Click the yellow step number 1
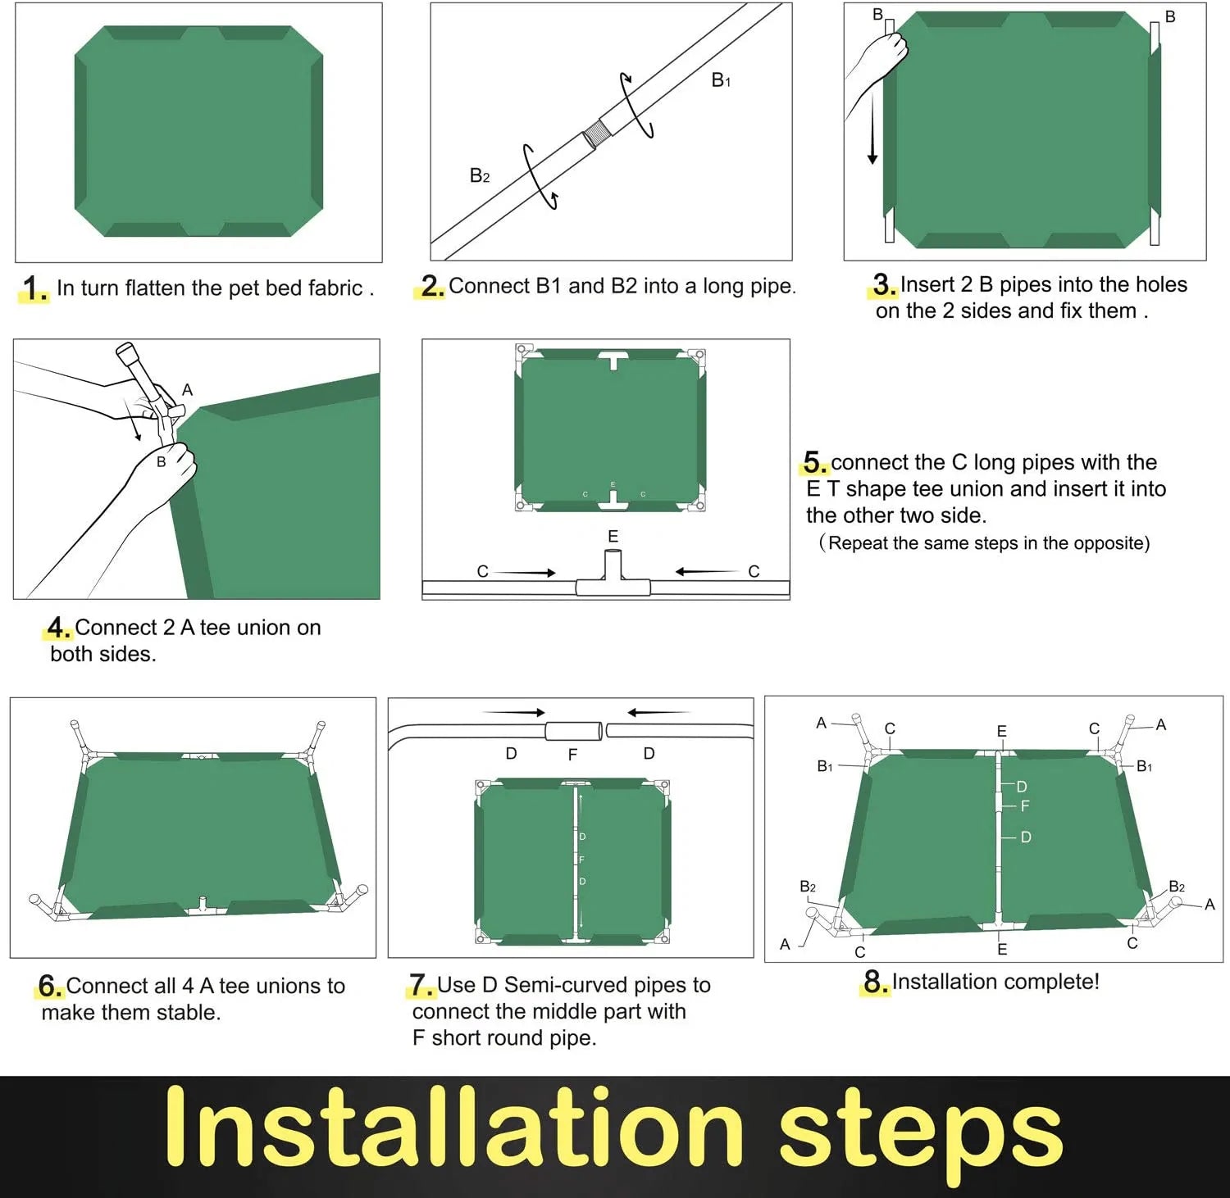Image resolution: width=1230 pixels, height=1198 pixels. (x=34, y=288)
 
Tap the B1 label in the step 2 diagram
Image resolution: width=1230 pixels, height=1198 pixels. (x=721, y=80)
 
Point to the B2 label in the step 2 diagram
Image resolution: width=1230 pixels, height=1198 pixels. (x=480, y=175)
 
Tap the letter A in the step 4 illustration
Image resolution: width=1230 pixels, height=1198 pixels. (x=187, y=390)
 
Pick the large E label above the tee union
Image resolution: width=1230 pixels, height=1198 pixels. (x=613, y=537)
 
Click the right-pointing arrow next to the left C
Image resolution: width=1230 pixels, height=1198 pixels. (x=526, y=573)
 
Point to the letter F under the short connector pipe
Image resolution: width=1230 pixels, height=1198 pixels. (x=572, y=755)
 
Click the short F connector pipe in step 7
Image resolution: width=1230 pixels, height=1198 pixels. (x=574, y=730)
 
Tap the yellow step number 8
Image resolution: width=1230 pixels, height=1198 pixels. (x=876, y=982)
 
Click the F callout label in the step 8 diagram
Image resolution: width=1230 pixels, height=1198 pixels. (x=1025, y=806)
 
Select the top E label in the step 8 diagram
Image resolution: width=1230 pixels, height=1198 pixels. (x=1001, y=731)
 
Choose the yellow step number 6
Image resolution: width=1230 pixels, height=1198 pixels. (x=50, y=986)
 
